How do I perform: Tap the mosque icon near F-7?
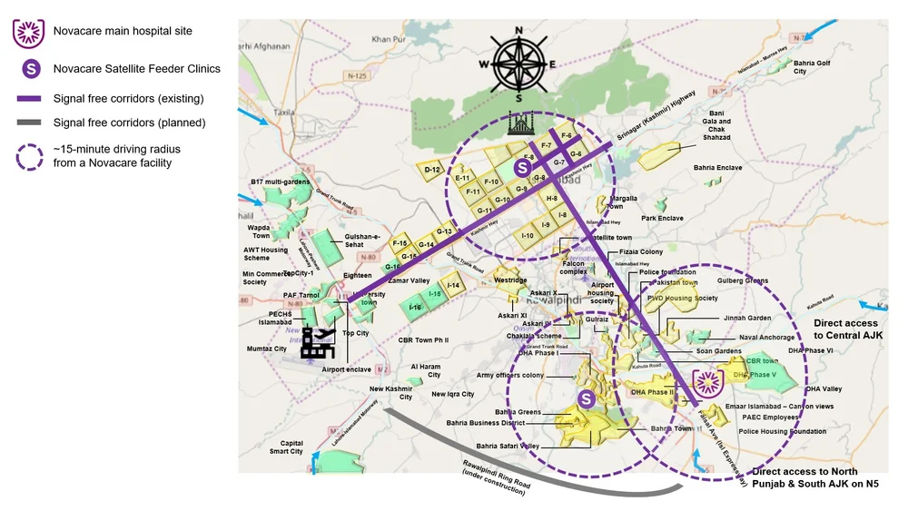pos(519,124)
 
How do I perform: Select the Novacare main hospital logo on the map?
pos(708,385)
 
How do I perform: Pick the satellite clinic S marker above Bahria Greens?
pos(587,398)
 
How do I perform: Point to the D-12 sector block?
pos(432,170)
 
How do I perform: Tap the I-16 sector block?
pos(415,308)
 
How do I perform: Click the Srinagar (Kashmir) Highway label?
pos(656,116)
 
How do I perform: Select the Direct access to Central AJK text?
pos(845,329)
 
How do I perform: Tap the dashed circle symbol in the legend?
pos(28,155)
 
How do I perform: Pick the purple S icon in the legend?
pos(28,69)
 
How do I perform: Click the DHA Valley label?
pos(824,389)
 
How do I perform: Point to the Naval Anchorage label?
pos(766,337)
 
